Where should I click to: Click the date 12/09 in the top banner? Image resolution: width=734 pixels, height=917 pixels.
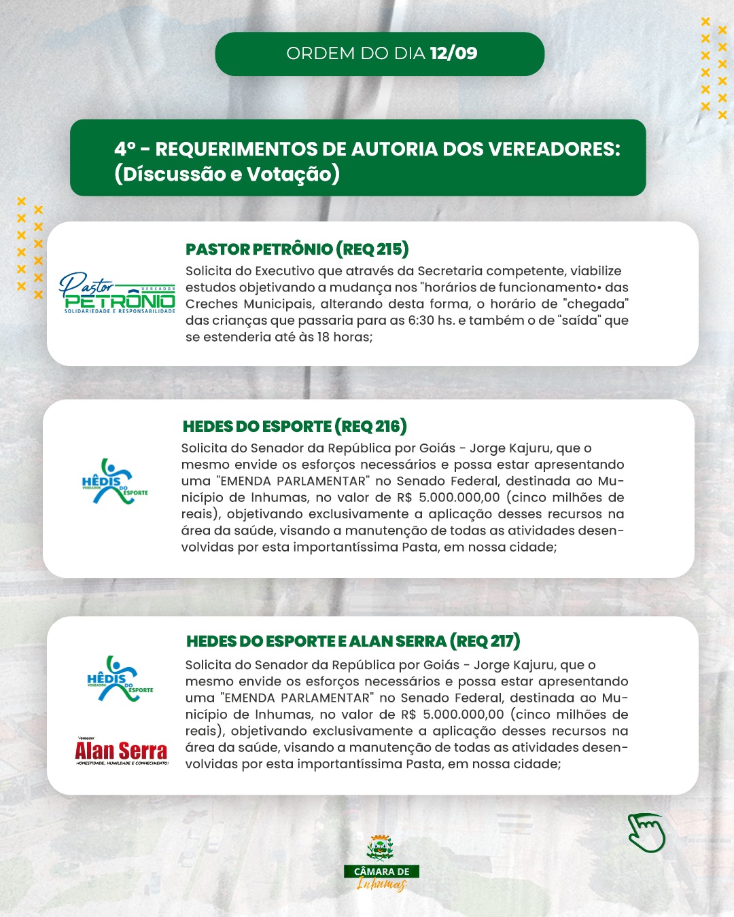(453, 54)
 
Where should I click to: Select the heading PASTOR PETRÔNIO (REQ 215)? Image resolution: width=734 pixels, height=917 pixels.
(297, 249)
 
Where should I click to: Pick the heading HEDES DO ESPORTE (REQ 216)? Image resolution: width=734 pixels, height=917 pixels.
(294, 427)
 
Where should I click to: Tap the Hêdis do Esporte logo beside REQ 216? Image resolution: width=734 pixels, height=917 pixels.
(113, 481)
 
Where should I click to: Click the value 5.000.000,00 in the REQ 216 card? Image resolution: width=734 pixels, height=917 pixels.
(459, 498)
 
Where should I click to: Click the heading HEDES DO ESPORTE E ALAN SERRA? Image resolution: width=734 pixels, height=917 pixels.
(316, 641)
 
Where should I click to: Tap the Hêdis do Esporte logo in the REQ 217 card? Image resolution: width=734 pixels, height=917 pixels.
(119, 678)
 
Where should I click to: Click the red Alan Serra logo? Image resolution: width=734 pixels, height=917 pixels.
(121, 752)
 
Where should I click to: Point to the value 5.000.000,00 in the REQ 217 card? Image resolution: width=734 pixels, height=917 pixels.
(464, 715)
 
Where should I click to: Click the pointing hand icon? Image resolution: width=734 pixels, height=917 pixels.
(646, 832)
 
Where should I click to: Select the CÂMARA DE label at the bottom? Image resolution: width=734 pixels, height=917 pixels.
(381, 871)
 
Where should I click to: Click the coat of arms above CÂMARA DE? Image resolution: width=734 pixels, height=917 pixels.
(380, 848)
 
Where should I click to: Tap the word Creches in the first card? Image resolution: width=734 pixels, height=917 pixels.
(211, 304)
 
